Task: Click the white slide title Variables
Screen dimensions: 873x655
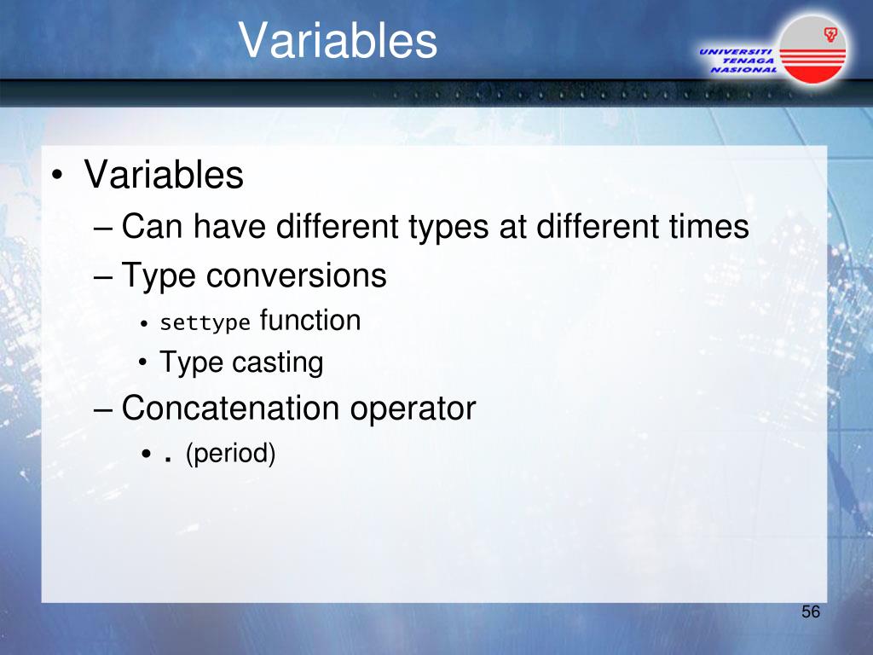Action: coord(338,40)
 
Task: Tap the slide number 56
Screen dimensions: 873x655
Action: coord(811,612)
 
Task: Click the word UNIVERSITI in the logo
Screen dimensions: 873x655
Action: coord(735,52)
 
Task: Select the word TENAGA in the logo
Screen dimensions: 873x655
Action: coord(748,61)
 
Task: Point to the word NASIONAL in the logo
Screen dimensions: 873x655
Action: coord(743,70)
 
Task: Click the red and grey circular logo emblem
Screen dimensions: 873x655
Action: coord(812,49)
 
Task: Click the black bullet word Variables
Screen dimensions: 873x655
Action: coord(164,175)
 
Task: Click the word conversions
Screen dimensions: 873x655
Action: coord(296,275)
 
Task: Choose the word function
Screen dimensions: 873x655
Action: coord(310,321)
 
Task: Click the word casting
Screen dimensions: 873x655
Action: coord(278,363)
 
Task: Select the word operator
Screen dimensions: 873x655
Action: coord(413,409)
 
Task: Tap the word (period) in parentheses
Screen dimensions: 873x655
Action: coord(230,454)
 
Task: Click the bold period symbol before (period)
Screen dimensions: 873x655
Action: coord(167,460)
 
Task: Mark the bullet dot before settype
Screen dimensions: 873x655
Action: coord(144,323)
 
